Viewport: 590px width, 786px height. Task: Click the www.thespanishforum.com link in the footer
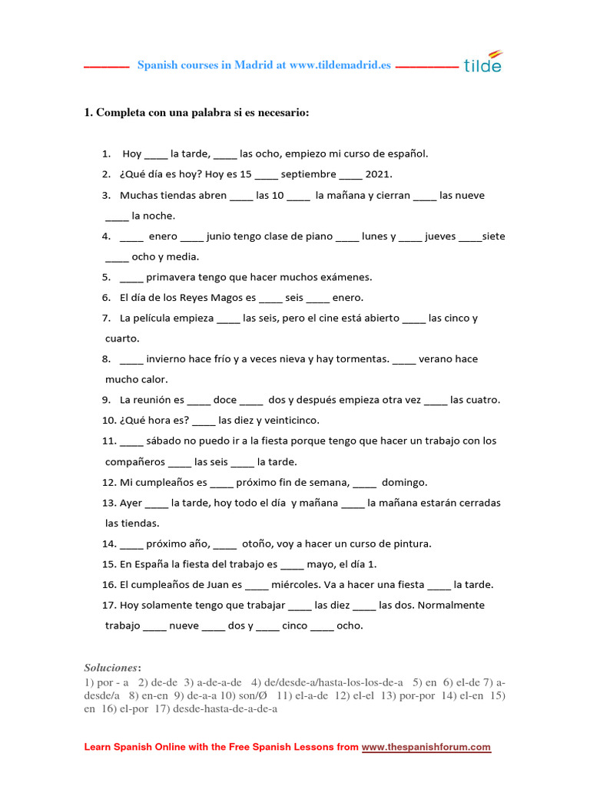pos(426,747)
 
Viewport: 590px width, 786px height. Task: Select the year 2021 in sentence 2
pos(379,174)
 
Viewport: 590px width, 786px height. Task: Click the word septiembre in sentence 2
pos(309,174)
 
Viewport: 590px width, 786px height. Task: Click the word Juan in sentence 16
pos(214,585)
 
